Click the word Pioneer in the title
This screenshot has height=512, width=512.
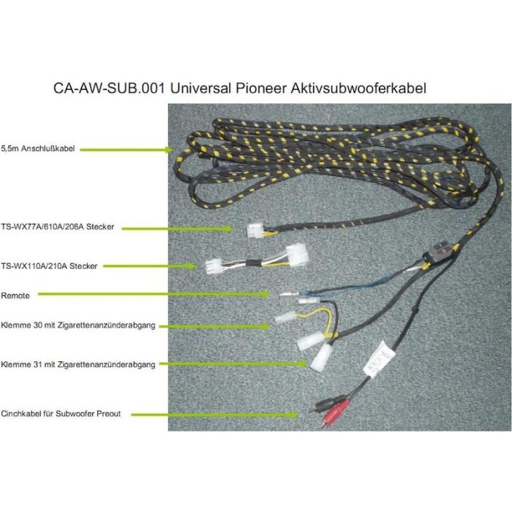[260, 89]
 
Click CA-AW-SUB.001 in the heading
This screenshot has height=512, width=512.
[109, 89]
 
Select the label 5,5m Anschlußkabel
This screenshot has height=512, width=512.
[38, 149]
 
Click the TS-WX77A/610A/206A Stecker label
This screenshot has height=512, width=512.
[58, 227]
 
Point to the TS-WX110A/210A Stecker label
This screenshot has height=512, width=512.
[49, 266]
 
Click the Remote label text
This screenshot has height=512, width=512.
[15, 295]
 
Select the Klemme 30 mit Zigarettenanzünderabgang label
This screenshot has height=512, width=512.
[78, 325]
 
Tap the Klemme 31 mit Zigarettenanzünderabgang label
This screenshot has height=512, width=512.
[78, 364]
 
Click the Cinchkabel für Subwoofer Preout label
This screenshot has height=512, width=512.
[61, 414]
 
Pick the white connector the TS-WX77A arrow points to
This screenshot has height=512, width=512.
[255, 230]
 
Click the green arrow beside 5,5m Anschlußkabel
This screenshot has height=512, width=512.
[127, 150]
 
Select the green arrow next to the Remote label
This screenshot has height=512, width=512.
[153, 294]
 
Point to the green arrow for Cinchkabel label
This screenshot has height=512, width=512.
[214, 415]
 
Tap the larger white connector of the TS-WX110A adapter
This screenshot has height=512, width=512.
[296, 255]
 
